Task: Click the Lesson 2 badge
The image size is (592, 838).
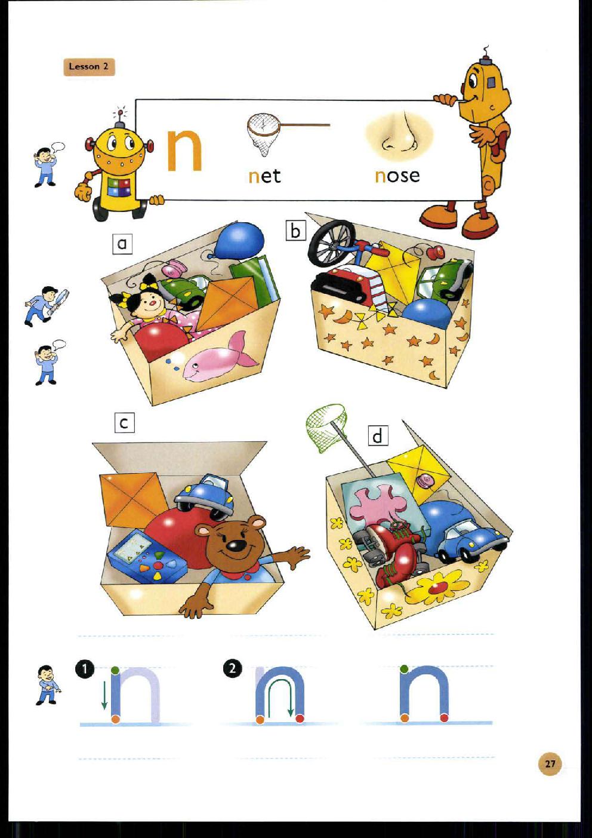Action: pos(88,66)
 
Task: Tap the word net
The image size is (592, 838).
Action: pos(264,176)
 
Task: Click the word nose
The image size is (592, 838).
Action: pos(397,176)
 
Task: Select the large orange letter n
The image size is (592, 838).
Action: pos(184,149)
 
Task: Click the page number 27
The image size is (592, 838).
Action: pos(550,763)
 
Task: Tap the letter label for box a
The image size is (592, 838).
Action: pos(122,244)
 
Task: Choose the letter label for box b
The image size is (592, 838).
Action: pos(295,231)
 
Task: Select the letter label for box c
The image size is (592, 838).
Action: pos(124,423)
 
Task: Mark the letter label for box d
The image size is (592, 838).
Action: pos(377,436)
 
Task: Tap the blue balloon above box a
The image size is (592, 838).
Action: pos(240,240)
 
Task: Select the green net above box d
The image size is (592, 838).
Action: pos(325,426)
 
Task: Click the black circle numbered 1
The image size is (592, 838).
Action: pos(85,668)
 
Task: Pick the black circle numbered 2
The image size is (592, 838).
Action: pos(232,668)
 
